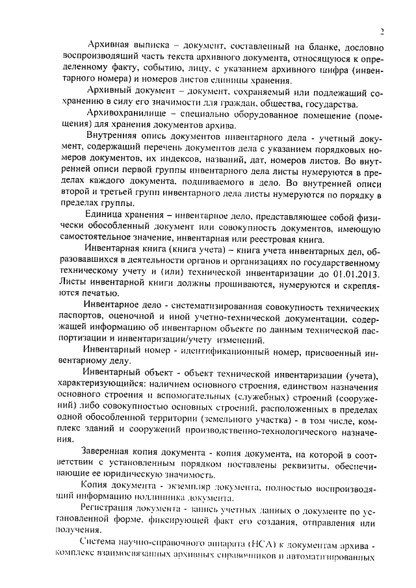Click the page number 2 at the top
point(382,30)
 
